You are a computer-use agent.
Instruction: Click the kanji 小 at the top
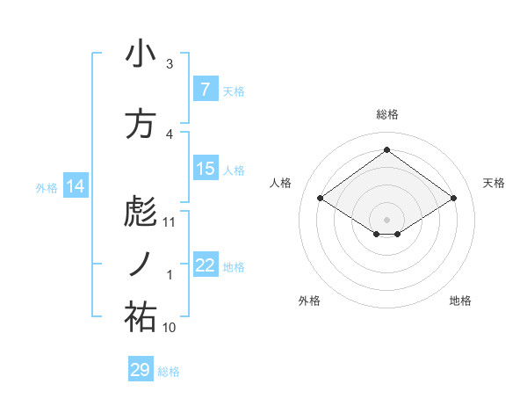(141, 54)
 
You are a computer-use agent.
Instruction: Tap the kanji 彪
(141, 212)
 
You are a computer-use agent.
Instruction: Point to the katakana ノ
(141, 264)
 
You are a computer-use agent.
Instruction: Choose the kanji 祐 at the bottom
(141, 317)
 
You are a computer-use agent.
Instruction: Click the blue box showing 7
(205, 90)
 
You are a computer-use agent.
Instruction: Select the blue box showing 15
(205, 169)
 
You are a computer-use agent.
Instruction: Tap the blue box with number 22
(205, 265)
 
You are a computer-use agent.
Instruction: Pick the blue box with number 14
(76, 186)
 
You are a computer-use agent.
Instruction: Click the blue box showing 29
(141, 370)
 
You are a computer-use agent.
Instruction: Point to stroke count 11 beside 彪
(170, 222)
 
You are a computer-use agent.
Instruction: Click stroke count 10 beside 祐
(170, 328)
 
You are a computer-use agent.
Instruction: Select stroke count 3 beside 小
(170, 64)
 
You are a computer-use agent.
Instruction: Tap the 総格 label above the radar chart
(386, 115)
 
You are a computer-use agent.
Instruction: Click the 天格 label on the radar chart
(494, 183)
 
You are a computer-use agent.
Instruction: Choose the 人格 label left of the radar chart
(280, 183)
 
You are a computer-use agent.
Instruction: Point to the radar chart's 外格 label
(309, 301)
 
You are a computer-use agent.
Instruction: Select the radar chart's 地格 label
(460, 301)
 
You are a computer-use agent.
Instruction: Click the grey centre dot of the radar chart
(386, 218)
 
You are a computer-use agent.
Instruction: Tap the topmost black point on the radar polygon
(386, 150)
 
